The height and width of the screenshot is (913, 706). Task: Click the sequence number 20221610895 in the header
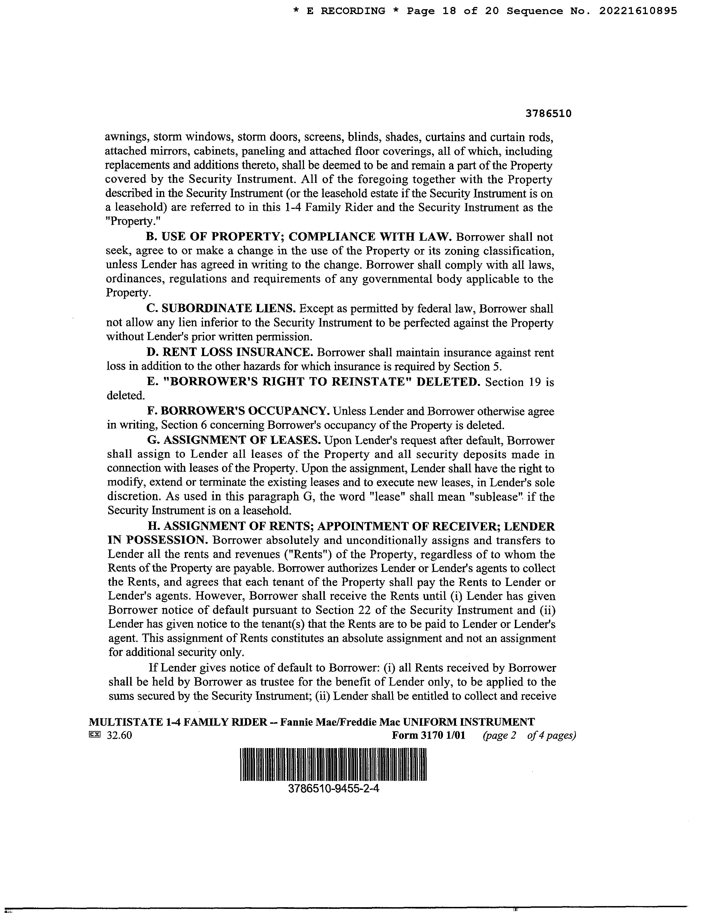[x=638, y=11]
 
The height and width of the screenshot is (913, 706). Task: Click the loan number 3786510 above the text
[x=548, y=114]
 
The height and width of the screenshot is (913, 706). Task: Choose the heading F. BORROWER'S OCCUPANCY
[x=238, y=411]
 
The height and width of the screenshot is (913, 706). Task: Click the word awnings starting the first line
[x=125, y=138]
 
